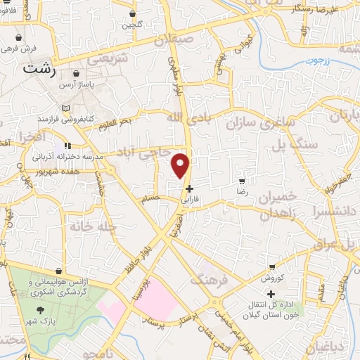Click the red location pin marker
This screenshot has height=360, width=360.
pyautogui.click(x=181, y=166)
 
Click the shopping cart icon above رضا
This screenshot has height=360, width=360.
pyautogui.click(x=243, y=180)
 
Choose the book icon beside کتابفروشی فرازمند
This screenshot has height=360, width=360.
pyautogui.click(x=66, y=109)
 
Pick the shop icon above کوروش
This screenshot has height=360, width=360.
pyautogui.click(x=271, y=268)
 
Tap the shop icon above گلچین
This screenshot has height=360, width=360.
pyautogui.click(x=133, y=13)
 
